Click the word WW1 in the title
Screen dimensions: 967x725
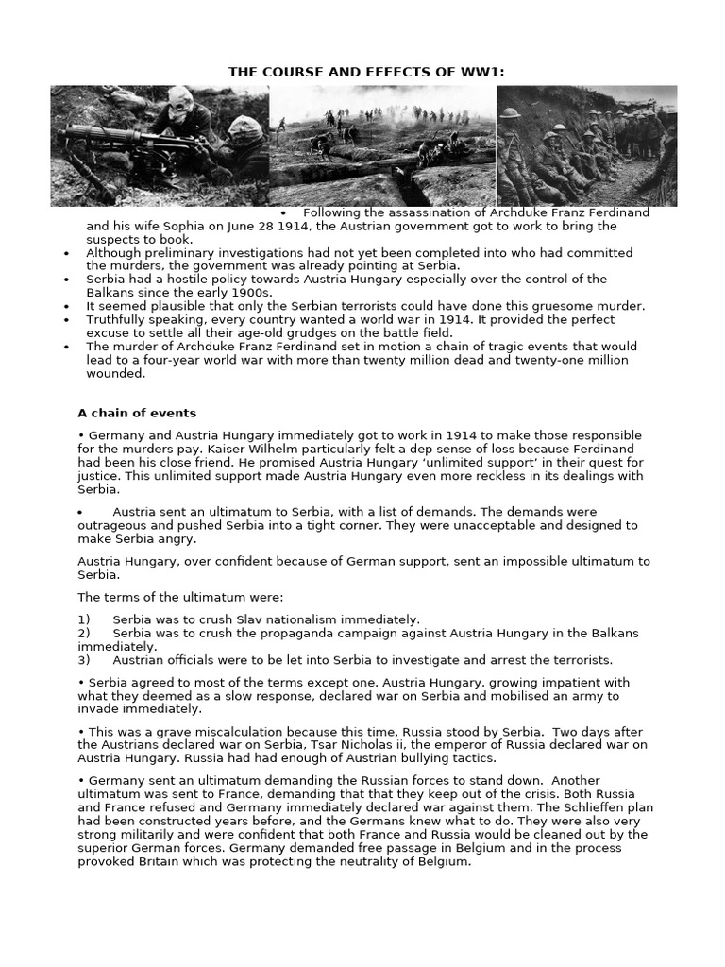click(472, 73)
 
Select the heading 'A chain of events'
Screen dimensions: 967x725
click(136, 413)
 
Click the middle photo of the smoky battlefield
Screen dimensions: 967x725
click(382, 145)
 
